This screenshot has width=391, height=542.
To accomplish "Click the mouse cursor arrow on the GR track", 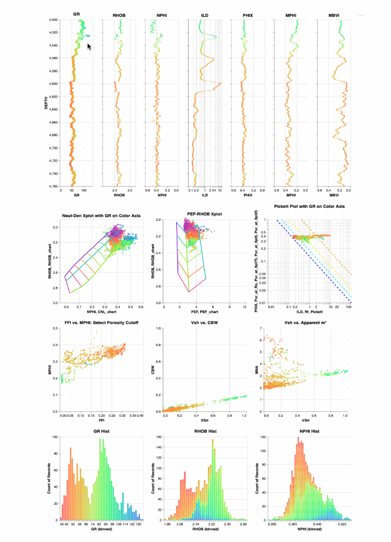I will click(89, 46).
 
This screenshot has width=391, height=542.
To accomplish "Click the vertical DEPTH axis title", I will click(46, 103).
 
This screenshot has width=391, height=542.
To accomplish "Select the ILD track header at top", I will click(205, 16).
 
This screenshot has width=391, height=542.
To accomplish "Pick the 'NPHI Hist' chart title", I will click(309, 431).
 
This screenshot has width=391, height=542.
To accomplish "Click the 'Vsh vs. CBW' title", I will click(203, 323).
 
